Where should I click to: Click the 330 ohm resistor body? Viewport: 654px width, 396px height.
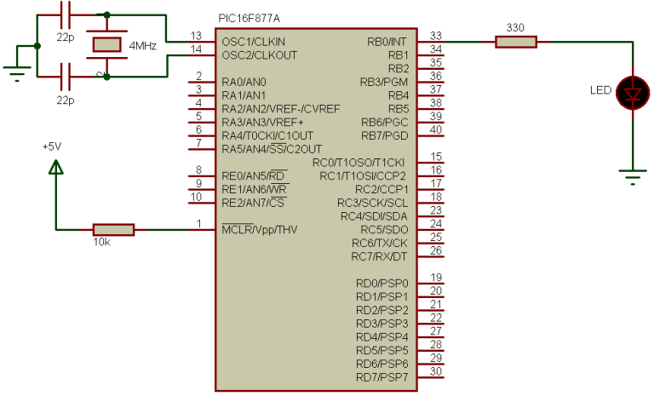tap(516, 41)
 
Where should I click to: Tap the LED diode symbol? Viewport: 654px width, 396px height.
tap(632, 91)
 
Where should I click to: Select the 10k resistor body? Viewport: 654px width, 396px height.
tap(113, 229)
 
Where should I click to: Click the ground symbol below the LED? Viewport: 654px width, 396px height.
tap(632, 178)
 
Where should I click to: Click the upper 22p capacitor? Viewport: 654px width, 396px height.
tap(65, 14)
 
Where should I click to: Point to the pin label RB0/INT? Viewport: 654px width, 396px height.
tap(387, 41)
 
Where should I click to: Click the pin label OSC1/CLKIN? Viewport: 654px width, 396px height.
tap(254, 41)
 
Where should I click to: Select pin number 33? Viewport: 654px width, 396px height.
tap(436, 35)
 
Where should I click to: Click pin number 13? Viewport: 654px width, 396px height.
tap(197, 35)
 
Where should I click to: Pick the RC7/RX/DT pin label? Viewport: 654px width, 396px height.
tap(380, 256)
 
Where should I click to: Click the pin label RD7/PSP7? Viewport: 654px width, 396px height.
tap(382, 377)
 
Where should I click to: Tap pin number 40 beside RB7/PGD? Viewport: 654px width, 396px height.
tap(436, 129)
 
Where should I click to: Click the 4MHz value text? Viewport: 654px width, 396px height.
tap(142, 46)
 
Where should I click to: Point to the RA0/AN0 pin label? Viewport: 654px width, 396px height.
tap(243, 82)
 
